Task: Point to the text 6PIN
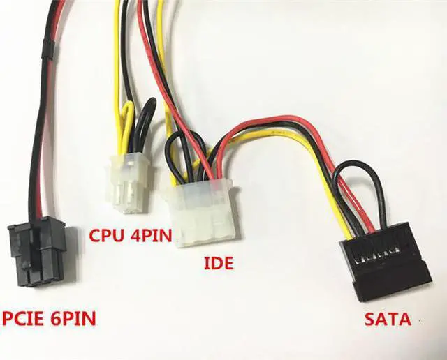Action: pyautogui.click(x=74, y=320)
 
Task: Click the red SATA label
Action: pyautogui.click(x=388, y=321)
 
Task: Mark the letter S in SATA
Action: pyautogui.click(x=370, y=321)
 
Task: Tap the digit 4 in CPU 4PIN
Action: pyautogui.click(x=133, y=234)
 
